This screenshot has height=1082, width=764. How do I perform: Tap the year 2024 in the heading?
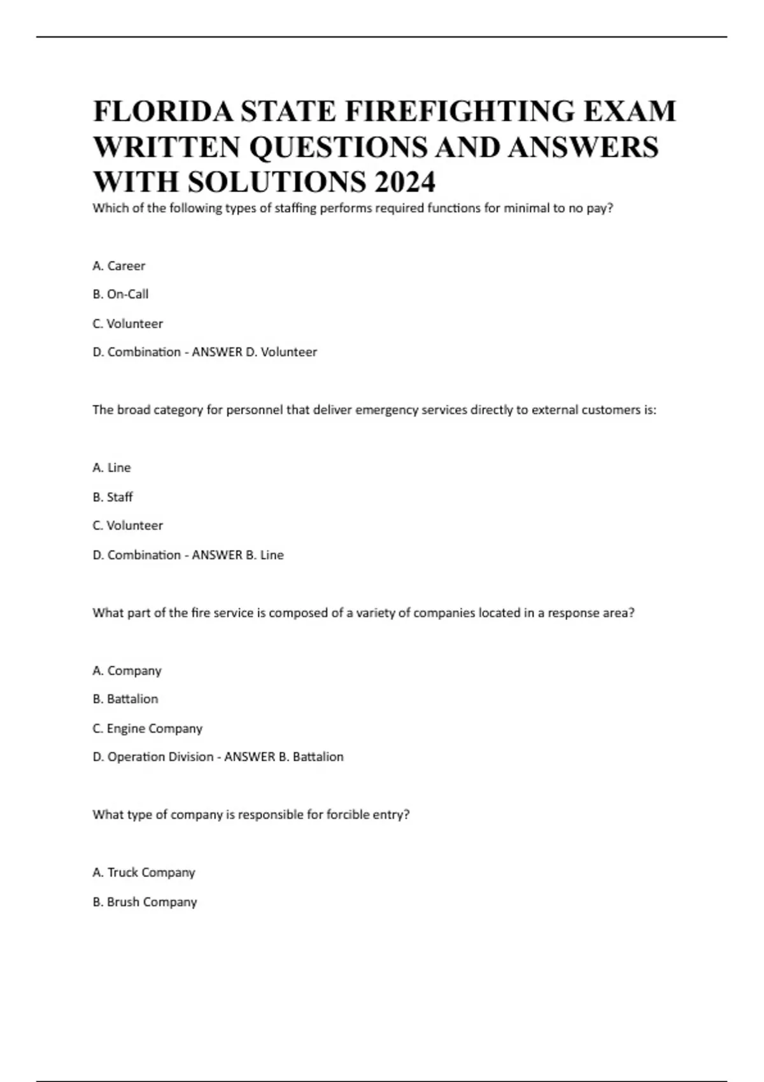(405, 183)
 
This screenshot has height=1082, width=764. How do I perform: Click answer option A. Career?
(119, 266)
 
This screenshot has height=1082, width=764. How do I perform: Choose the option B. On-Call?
(120, 295)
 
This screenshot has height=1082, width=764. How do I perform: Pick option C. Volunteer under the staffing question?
(127, 324)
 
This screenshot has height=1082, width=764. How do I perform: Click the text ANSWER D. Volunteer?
(254, 352)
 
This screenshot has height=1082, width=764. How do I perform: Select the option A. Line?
(111, 468)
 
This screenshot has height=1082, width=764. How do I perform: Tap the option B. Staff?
(113, 497)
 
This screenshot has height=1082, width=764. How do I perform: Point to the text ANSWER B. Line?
(237, 555)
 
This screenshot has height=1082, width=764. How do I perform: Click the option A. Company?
(127, 671)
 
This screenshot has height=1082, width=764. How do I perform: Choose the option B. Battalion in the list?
(125, 699)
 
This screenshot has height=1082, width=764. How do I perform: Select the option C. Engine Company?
(147, 729)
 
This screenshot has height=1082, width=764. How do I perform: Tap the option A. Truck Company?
(143, 873)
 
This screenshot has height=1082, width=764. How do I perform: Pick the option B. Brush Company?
(145, 902)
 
